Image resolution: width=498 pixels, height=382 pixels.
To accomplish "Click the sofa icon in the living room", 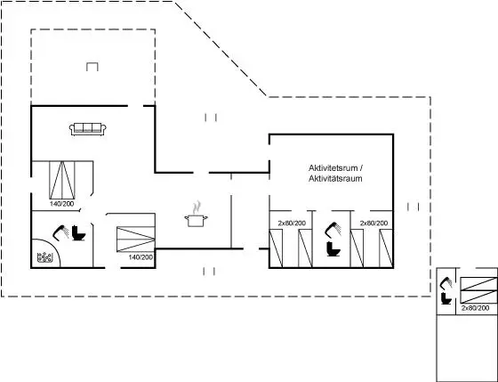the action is coord(88,129).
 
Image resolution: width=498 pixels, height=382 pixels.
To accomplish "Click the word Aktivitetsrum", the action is coord(333,167).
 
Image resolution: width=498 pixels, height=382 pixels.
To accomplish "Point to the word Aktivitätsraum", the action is coord(335,178).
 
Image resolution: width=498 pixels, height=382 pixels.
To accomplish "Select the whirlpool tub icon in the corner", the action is coord(44,257).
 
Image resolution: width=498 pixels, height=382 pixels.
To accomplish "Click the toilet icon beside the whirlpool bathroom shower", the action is coord(78,233).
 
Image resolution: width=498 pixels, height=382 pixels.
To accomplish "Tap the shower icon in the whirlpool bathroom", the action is coord(61,232).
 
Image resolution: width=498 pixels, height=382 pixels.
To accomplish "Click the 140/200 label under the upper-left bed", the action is coord(61,204).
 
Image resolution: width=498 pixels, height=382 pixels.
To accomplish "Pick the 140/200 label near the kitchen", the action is coord(141,257).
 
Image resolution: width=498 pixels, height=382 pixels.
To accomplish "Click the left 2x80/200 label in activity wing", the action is coord(292,224).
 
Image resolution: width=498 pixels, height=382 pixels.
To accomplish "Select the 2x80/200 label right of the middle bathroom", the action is coord(373,224).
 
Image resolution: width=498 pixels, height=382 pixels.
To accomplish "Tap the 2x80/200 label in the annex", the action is coord(475,308).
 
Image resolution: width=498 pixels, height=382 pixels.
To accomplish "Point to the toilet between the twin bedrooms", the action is coord(333,248).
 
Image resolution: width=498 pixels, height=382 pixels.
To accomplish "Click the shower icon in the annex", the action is coord(446,284).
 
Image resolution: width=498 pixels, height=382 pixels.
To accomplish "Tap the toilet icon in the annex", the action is coord(446,298).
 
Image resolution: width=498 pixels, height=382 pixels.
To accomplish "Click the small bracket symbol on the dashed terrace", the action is coord(92,67).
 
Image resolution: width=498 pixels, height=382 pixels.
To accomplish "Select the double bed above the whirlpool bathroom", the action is coord(62,180).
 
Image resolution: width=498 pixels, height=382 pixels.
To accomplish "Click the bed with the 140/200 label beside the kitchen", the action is coord(135,240).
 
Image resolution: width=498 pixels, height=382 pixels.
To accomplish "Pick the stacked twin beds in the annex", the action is coord(478,290).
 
